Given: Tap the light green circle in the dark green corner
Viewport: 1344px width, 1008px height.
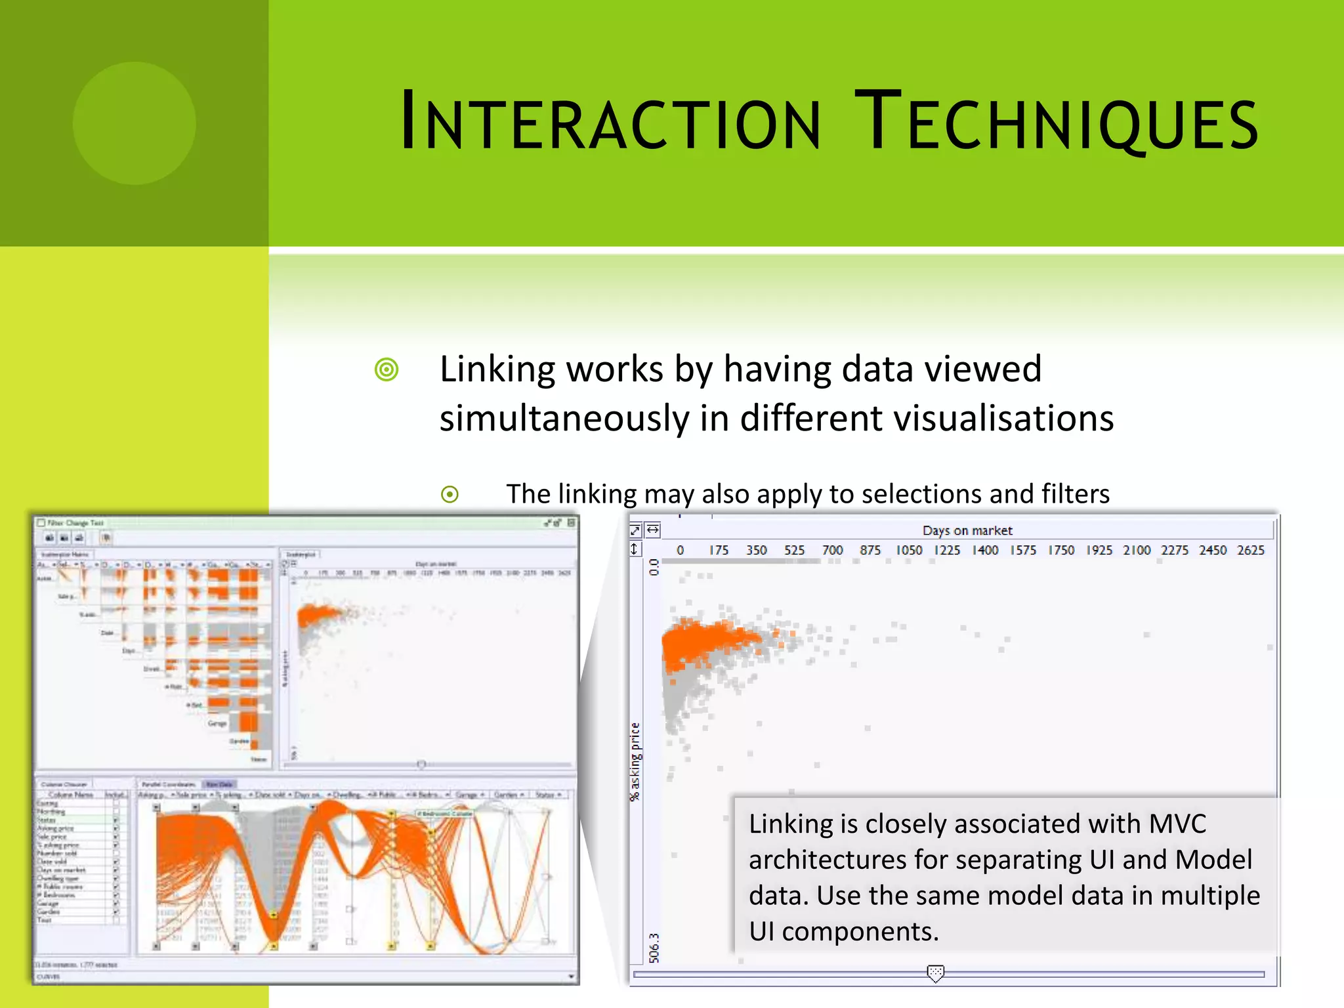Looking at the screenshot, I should coord(134,123).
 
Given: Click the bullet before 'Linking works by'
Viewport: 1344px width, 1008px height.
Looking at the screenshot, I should coord(387,369).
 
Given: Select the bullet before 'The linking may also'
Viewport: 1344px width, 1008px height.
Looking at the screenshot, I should coord(450,494).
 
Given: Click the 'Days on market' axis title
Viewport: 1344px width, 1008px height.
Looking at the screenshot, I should coord(967,530).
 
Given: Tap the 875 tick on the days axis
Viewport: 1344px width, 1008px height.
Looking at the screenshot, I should coord(870,550).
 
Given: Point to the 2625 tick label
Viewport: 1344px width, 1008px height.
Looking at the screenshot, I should coord(1250,550).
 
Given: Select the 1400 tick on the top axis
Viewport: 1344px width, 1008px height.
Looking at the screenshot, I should coord(984,550).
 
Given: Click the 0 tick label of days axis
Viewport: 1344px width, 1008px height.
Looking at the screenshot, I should coord(680,550).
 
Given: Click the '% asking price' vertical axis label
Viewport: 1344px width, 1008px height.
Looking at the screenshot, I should coord(635,761).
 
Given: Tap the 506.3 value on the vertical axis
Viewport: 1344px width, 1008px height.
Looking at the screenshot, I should coord(654,948).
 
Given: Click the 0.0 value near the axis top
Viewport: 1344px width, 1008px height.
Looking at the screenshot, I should coord(654,567).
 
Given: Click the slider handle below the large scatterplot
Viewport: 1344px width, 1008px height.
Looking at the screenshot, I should coord(935,973).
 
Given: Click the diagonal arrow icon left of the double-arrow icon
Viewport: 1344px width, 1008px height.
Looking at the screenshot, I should coord(635,530).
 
